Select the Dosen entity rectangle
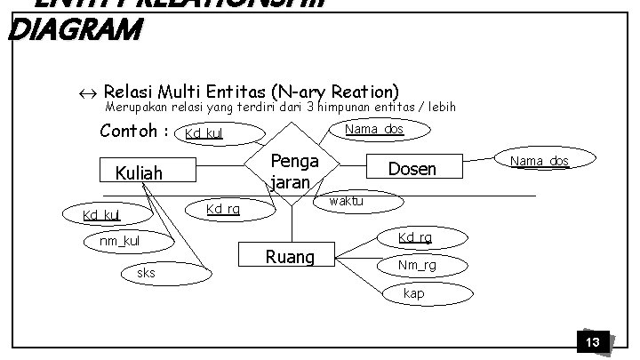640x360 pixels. point(412,168)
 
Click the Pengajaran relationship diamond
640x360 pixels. point(291,166)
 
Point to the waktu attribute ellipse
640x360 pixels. point(345,203)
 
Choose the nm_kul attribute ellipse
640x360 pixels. point(118,241)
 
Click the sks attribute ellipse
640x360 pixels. point(147,273)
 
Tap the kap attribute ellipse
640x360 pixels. point(413,293)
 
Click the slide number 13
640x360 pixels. point(592,342)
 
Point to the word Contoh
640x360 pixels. point(130,132)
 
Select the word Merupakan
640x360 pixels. point(134,108)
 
